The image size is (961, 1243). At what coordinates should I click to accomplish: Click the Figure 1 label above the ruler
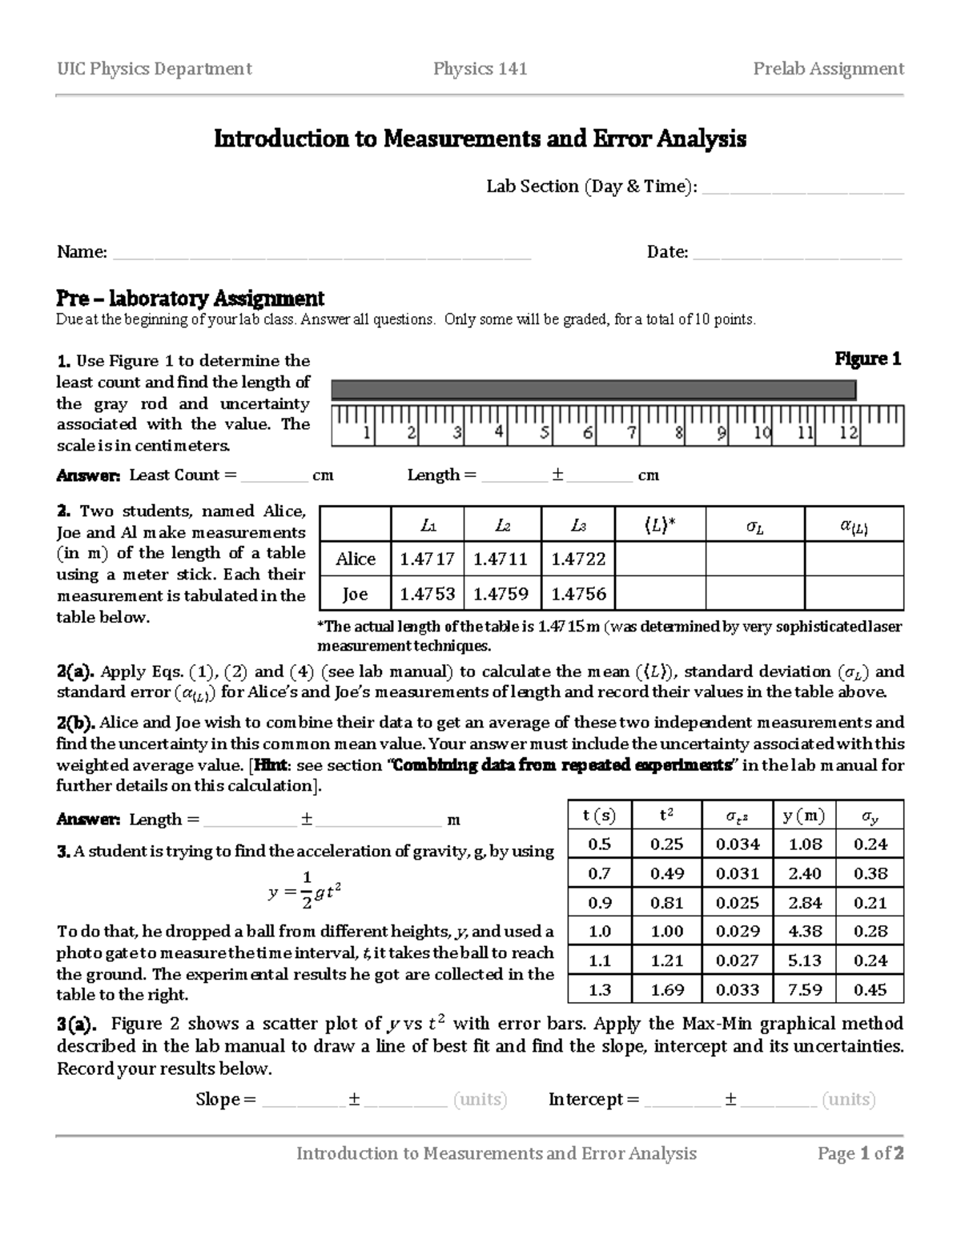pos(868,359)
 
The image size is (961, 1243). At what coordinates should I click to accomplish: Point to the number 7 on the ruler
pos(632,434)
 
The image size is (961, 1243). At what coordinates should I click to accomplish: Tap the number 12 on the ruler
pos(849,434)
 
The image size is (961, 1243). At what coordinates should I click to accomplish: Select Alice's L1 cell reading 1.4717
pos(427,559)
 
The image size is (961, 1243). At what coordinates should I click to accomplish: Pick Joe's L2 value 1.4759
pos(501,593)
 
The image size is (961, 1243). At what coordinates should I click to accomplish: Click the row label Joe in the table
pos(355,593)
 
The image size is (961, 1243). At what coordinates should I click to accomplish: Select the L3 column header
pos(578,525)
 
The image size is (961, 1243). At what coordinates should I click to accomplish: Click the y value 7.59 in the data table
pos(804,989)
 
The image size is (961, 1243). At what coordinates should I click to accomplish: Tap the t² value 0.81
pos(666,902)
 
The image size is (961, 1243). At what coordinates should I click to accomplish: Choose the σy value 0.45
pos(870,989)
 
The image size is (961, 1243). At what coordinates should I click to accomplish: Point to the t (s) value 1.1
pos(599,960)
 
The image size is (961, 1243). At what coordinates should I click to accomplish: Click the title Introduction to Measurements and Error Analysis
pos(480,139)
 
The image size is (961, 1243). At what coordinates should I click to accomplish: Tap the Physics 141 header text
pos(480,69)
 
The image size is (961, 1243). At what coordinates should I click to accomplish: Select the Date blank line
pos(797,255)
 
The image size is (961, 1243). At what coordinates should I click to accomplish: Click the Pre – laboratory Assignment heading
pos(190,299)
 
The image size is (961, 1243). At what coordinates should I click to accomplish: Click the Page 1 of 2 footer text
pos(860,1153)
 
